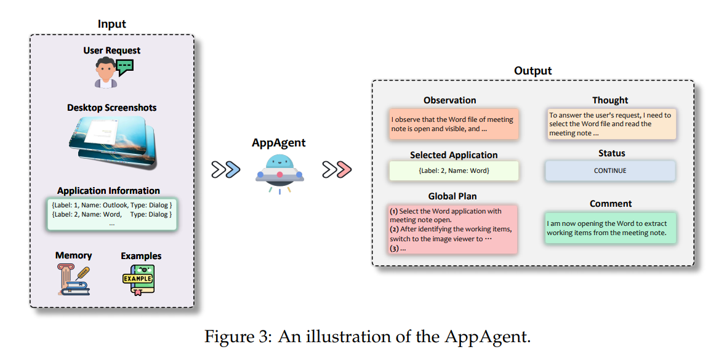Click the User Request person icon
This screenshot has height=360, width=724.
pos(106,74)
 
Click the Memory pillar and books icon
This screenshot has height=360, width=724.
pos(73,279)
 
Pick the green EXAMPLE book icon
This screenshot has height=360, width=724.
pos(137,280)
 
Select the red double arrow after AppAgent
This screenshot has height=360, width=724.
pos(337,169)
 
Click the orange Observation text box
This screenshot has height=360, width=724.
pos(454,124)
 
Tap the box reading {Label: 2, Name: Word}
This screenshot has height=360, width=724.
pos(454,170)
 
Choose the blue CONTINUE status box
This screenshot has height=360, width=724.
pos(609,170)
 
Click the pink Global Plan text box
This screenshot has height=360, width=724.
pos(452,230)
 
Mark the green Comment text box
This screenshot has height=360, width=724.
pos(610,228)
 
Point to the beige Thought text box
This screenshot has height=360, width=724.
pos(610,124)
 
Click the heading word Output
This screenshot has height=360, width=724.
pos(533,71)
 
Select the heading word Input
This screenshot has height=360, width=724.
pos(111,24)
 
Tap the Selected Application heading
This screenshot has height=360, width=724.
pos(454,155)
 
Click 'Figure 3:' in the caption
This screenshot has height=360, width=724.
pos(238,337)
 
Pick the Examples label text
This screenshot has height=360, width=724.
pos(141,255)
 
